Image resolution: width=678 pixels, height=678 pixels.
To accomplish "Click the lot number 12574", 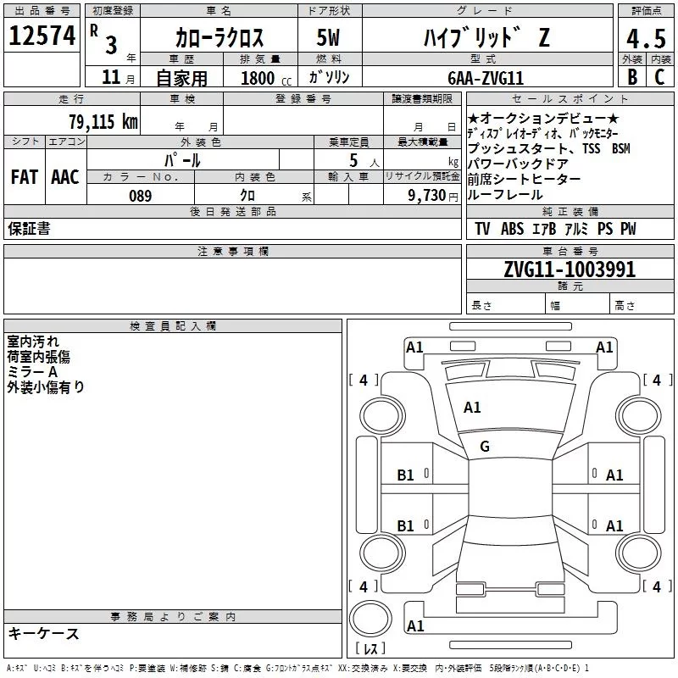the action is coord(42,36).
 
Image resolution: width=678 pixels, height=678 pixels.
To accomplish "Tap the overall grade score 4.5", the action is coord(646,39).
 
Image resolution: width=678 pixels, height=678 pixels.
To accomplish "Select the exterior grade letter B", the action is coord(632,77).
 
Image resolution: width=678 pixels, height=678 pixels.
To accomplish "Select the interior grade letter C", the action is coord(659,77).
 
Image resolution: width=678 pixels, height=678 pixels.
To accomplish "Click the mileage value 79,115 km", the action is coord(103,121).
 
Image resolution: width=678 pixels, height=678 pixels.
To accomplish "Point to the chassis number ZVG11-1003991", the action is coord(570,270).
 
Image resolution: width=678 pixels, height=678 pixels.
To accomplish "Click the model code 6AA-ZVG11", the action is coord(486,78).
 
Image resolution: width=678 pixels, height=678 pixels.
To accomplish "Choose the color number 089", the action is coord(141,196).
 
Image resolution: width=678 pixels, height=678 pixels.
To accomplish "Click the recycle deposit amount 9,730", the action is coord(427,196).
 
